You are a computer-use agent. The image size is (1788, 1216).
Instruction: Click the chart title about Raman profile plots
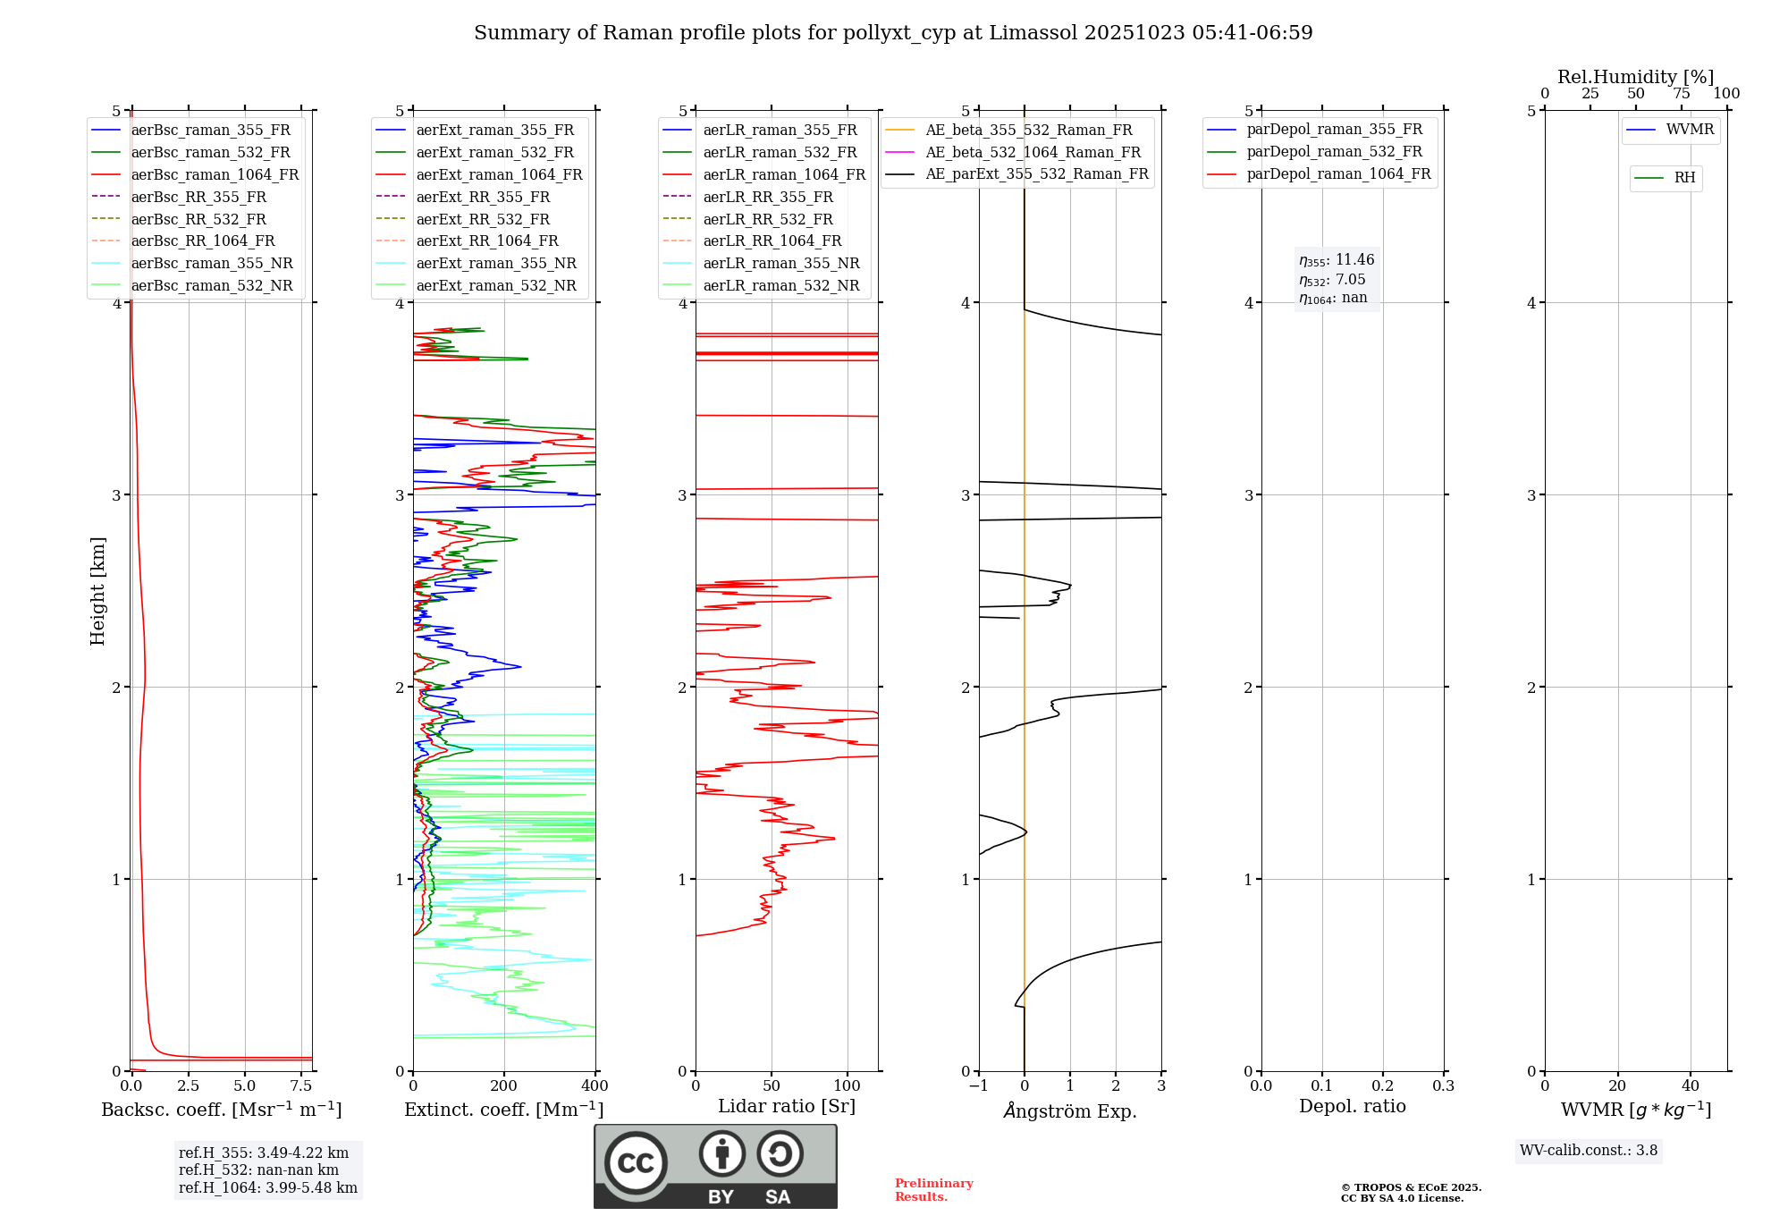click(x=893, y=33)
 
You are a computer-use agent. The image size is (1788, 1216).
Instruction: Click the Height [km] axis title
click(x=97, y=591)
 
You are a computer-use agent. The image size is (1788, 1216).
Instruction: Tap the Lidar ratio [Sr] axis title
click(x=786, y=1106)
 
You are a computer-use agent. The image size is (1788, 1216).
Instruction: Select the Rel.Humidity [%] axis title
click(x=1635, y=77)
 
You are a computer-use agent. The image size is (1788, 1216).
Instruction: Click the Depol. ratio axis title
click(x=1352, y=1106)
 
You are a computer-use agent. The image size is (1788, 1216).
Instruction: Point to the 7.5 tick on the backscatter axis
click(x=301, y=1086)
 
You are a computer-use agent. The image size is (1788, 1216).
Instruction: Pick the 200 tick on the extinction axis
click(x=504, y=1086)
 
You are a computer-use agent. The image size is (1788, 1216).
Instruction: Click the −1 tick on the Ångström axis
click(x=978, y=1086)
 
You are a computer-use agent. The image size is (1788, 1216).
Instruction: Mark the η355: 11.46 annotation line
click(x=1337, y=260)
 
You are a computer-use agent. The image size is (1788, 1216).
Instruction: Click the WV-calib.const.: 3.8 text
click(x=1589, y=1151)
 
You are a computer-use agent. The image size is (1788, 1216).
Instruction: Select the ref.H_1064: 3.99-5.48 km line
click(x=267, y=1188)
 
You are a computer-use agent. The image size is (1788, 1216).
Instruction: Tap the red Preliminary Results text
click(x=933, y=1190)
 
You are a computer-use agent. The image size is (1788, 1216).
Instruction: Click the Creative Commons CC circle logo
click(x=636, y=1162)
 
